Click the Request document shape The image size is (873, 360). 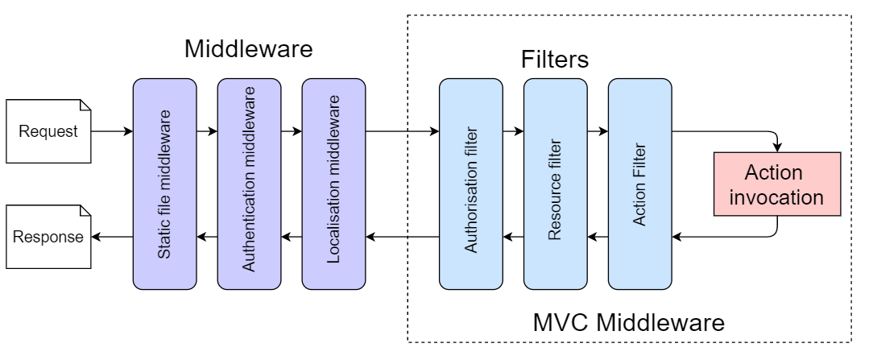click(49, 130)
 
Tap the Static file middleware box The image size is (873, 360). click(164, 184)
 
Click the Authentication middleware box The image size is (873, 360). click(249, 184)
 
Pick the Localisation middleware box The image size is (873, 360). click(333, 184)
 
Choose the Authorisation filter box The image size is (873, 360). click(470, 184)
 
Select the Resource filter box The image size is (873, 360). click(555, 184)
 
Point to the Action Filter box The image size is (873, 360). click(639, 184)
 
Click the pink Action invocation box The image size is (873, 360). click(777, 184)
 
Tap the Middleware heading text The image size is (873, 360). click(248, 49)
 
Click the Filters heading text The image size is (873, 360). click(555, 60)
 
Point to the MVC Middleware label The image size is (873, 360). click(629, 324)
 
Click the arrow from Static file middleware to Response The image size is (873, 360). click(113, 236)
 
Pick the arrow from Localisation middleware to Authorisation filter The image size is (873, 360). click(402, 130)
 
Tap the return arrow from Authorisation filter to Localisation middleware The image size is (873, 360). click(402, 236)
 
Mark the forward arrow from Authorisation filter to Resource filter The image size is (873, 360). click(512, 130)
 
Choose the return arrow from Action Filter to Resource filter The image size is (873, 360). click(597, 236)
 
